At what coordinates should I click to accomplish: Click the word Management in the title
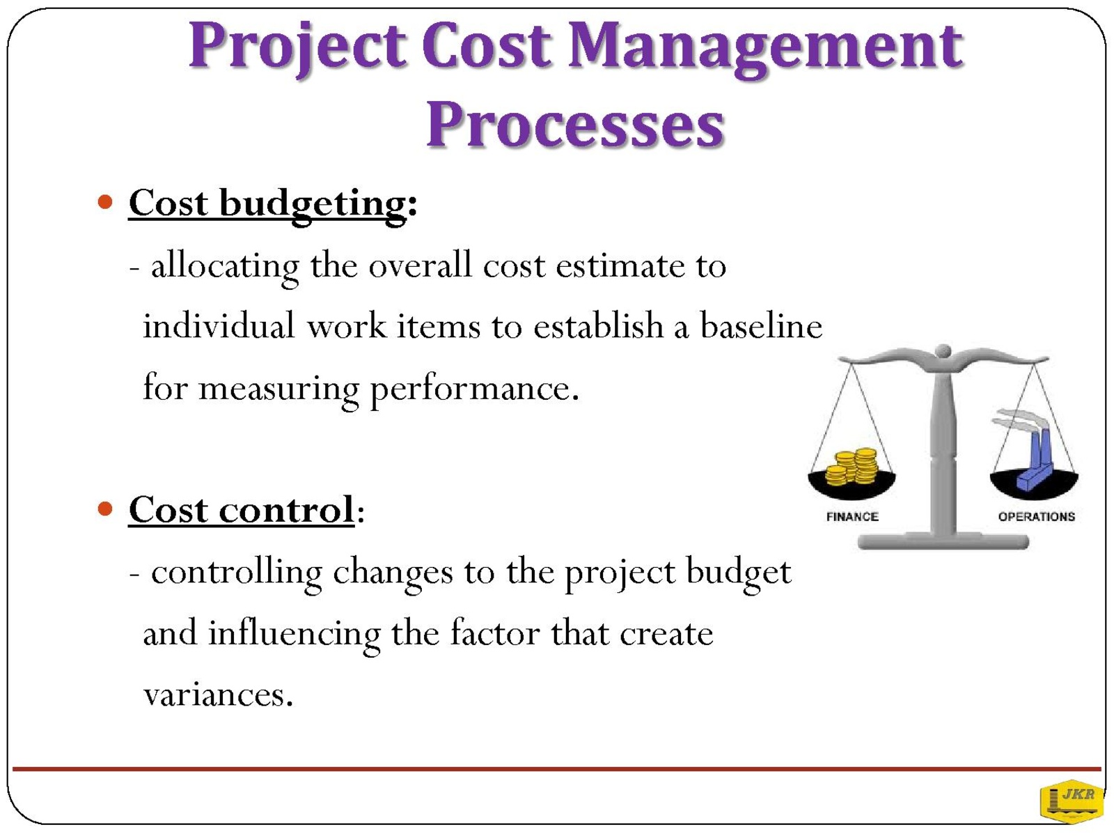[764, 49]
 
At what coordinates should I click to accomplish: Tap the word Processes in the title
[575, 125]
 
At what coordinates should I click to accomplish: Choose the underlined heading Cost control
[241, 510]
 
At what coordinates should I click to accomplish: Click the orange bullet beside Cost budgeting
[105, 202]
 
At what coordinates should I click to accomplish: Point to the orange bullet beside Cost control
[105, 508]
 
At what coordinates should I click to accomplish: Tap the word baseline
[761, 326]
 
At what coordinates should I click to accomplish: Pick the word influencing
[295, 635]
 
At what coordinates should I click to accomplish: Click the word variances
[218, 695]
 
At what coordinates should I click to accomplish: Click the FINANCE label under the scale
[852, 517]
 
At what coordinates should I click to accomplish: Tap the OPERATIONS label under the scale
[1036, 517]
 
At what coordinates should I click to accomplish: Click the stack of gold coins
[852, 467]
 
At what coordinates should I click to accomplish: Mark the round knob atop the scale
[943, 350]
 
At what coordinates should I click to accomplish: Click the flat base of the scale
[943, 541]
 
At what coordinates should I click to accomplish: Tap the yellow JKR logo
[1071, 802]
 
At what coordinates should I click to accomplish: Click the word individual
[219, 326]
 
